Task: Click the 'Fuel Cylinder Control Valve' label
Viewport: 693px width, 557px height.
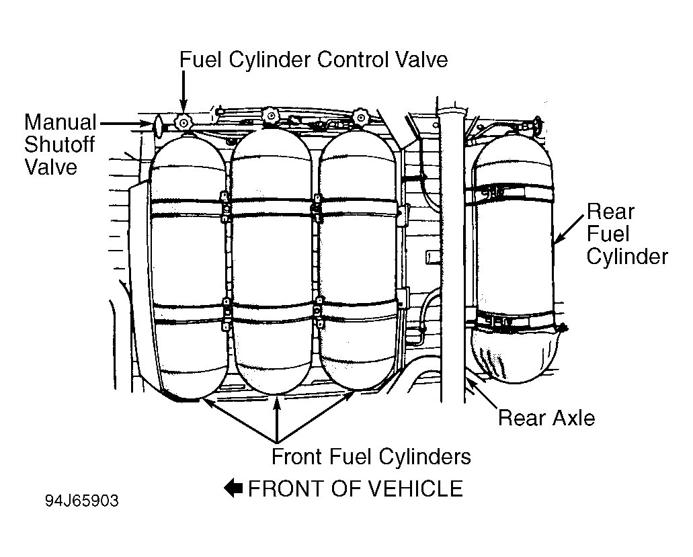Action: [x=313, y=60]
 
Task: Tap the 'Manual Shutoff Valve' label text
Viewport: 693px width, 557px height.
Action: [x=60, y=145]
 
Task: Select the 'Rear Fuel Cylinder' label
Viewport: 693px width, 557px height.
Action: [x=627, y=234]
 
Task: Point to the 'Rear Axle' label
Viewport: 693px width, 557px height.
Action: [x=546, y=418]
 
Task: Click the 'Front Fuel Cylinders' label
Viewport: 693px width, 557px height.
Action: [x=371, y=456]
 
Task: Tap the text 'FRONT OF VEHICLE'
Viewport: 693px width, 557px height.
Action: [x=356, y=489]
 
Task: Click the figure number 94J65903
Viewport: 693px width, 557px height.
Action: [x=82, y=501]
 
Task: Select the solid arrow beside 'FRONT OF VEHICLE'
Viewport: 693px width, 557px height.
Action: [x=233, y=488]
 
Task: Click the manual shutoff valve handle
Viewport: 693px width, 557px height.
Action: [x=158, y=124]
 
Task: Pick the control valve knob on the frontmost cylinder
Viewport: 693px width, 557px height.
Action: [x=183, y=122]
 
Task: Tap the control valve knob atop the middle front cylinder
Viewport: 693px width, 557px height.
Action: [x=270, y=116]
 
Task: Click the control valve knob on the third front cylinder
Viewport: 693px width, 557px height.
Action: [x=361, y=117]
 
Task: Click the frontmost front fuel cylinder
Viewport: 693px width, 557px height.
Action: [x=189, y=265]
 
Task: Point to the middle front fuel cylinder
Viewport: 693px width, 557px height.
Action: [x=272, y=261]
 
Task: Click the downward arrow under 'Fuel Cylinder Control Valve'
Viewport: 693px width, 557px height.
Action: [x=183, y=92]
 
